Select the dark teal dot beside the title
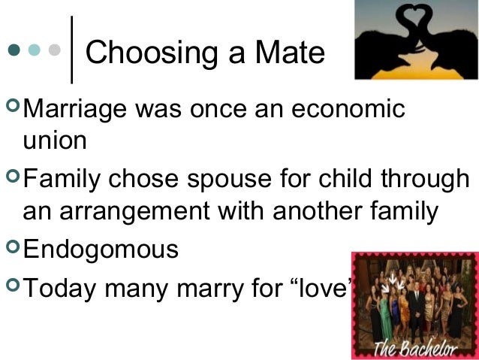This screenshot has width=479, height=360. [12, 52]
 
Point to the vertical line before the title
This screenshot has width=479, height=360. [71, 49]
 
